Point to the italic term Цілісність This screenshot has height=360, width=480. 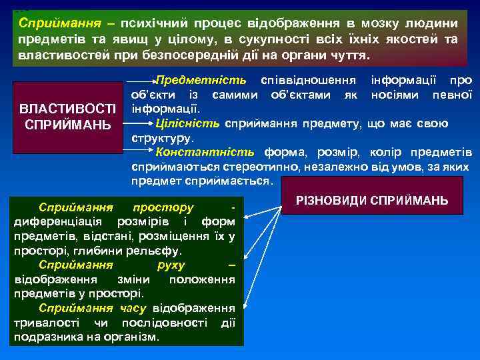[189, 123]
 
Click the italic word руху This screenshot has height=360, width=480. [171, 265]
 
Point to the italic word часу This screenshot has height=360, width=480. [133, 308]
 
